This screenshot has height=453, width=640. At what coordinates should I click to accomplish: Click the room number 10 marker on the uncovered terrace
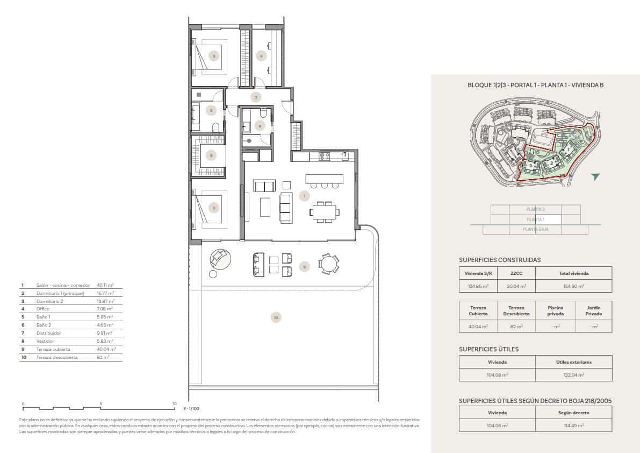click(276, 318)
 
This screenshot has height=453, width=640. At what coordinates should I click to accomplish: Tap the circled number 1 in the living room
click(304, 196)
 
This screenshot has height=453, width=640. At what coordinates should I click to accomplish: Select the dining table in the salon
click(325, 212)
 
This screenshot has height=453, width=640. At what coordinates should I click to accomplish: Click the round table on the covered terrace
click(328, 264)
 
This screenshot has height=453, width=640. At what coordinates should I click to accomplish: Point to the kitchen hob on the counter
click(324, 156)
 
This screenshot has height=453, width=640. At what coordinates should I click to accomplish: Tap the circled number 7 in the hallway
click(256, 97)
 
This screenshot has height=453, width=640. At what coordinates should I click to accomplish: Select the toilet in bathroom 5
click(215, 127)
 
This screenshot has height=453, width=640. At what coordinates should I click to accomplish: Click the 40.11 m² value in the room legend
click(105, 285)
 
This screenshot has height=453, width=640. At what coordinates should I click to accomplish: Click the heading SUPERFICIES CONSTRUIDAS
click(500, 260)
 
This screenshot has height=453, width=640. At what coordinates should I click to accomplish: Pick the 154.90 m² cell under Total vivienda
click(573, 287)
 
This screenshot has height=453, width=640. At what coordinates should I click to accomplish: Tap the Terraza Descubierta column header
click(516, 310)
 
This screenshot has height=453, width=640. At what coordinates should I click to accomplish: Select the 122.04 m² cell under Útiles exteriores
click(573, 375)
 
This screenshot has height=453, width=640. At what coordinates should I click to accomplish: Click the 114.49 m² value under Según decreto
click(573, 426)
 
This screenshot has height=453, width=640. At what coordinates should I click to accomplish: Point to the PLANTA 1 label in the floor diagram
click(535, 220)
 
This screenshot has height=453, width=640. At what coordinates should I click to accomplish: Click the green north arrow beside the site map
click(595, 176)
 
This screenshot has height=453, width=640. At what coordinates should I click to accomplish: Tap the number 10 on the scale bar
click(174, 404)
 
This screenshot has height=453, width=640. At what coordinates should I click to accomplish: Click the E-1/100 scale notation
click(191, 409)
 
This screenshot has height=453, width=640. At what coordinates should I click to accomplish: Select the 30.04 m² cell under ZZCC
click(516, 287)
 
